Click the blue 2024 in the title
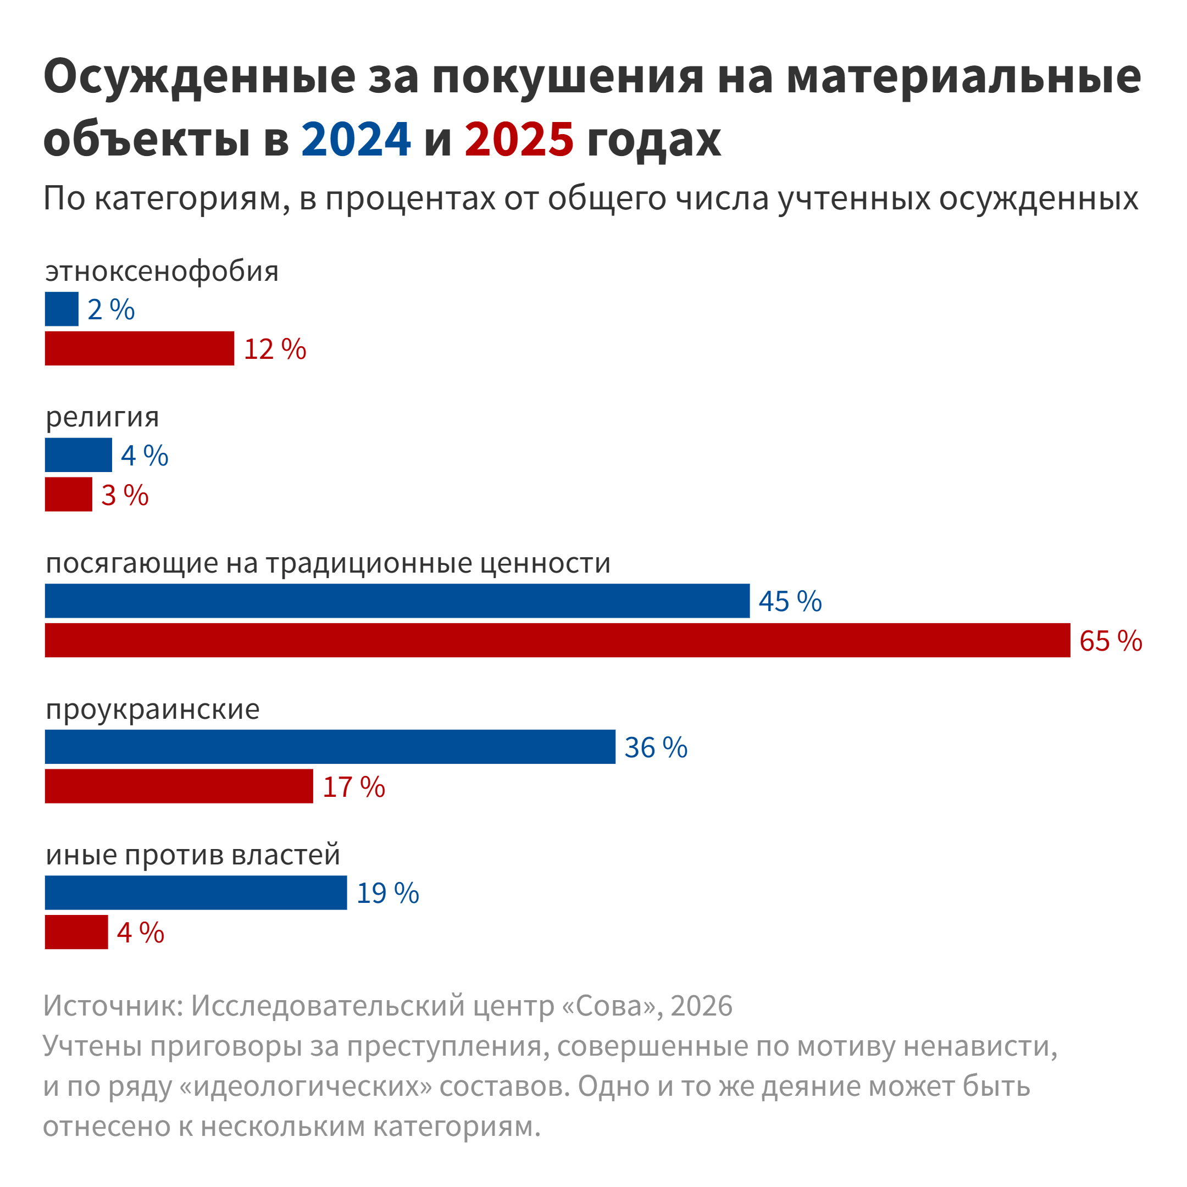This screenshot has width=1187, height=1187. [355, 139]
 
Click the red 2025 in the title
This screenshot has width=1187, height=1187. [519, 139]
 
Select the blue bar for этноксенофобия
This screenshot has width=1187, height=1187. [62, 309]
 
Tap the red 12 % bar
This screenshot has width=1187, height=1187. [140, 348]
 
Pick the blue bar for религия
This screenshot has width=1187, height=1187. [78, 455]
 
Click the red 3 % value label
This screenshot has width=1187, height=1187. [125, 495]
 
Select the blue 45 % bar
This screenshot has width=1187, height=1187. [397, 601]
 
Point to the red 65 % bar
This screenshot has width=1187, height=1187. [557, 640]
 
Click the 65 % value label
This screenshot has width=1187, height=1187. [1111, 641]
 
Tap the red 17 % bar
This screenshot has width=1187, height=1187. [179, 786]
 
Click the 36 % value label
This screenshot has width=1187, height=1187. [656, 748]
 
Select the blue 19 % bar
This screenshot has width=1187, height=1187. [196, 892]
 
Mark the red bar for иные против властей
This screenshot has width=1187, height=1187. [76, 932]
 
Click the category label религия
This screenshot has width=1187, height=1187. [102, 417]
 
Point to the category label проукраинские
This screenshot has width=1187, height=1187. [152, 709]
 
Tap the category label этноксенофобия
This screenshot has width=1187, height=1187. [162, 271]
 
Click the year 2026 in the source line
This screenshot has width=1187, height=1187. [702, 1006]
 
